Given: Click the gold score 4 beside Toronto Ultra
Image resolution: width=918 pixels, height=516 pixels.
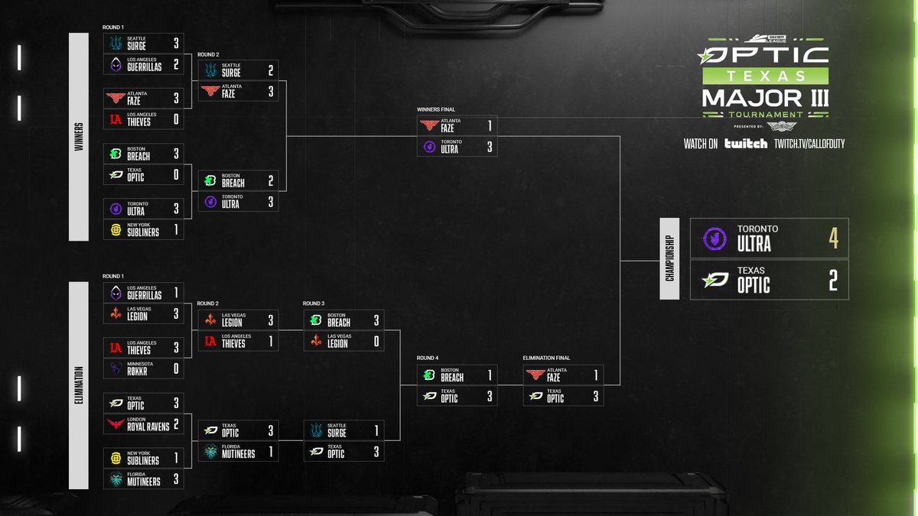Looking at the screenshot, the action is (x=833, y=239).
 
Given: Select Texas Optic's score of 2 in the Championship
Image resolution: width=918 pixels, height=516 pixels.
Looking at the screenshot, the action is (x=833, y=281).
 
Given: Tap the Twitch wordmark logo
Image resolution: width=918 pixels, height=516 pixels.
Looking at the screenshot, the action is (x=746, y=143).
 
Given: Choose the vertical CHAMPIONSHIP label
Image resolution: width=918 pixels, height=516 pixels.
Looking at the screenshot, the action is (x=670, y=258).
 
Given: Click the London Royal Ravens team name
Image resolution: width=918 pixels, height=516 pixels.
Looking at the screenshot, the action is (x=148, y=426).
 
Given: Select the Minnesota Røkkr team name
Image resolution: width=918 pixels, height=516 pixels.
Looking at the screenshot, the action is (x=144, y=371).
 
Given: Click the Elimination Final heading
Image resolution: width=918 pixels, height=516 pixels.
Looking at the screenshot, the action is (x=546, y=358).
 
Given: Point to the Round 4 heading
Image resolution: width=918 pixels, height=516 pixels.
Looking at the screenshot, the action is (x=428, y=358).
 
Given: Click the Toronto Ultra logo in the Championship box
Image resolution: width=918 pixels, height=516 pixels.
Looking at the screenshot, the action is (x=715, y=239).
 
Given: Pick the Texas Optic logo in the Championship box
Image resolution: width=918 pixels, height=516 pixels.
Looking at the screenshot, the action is (x=715, y=281).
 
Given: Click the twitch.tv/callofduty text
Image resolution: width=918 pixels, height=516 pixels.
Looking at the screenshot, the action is (x=809, y=143).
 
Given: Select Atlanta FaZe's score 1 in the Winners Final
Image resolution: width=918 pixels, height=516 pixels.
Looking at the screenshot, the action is (x=490, y=125).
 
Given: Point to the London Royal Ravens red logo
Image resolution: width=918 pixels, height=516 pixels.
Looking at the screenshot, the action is (x=116, y=424).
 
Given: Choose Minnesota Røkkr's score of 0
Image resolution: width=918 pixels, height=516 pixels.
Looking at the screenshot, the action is (x=176, y=369).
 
